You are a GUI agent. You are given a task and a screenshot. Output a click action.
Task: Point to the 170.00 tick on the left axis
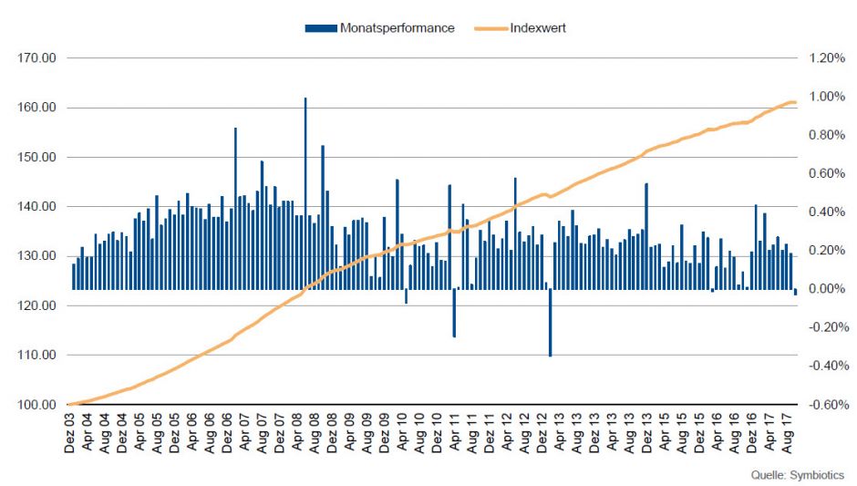37,58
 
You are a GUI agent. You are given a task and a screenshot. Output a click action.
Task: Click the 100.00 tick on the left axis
37,405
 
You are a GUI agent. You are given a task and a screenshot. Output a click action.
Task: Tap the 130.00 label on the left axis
37,256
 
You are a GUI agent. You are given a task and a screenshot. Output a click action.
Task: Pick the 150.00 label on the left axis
37,157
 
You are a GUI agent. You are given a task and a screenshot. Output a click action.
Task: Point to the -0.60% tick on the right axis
825,405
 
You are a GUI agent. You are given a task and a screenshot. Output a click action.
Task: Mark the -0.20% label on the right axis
825,327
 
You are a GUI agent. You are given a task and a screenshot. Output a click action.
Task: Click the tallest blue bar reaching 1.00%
305,182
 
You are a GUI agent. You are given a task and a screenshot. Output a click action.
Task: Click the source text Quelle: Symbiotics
797,475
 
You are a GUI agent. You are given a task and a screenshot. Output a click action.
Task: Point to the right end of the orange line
795,102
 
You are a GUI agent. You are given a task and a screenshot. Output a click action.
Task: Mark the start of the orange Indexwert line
70,404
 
